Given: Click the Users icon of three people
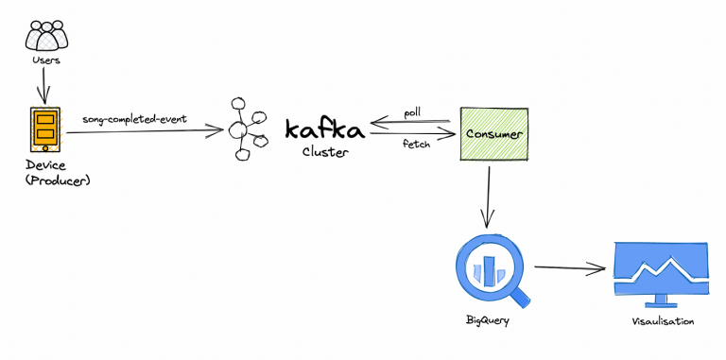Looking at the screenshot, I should point(46,35).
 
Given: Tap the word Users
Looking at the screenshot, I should point(45,61).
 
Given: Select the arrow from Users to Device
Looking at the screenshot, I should point(41,86).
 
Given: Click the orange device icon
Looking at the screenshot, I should point(44,129).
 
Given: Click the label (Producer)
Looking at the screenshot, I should point(51,180).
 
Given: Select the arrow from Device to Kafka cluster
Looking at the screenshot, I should point(151,130).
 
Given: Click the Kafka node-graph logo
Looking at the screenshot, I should point(247,128).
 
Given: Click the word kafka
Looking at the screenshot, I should point(324,129).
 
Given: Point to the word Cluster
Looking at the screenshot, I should point(325,152).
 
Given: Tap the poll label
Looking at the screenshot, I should point(411,111).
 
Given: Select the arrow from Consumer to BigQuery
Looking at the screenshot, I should point(488,198).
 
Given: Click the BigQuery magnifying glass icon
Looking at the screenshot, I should point(490,266).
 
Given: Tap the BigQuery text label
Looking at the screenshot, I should point(489,321).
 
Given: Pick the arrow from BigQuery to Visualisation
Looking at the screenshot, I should point(569,268).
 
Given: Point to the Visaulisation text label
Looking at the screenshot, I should point(662,322).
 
